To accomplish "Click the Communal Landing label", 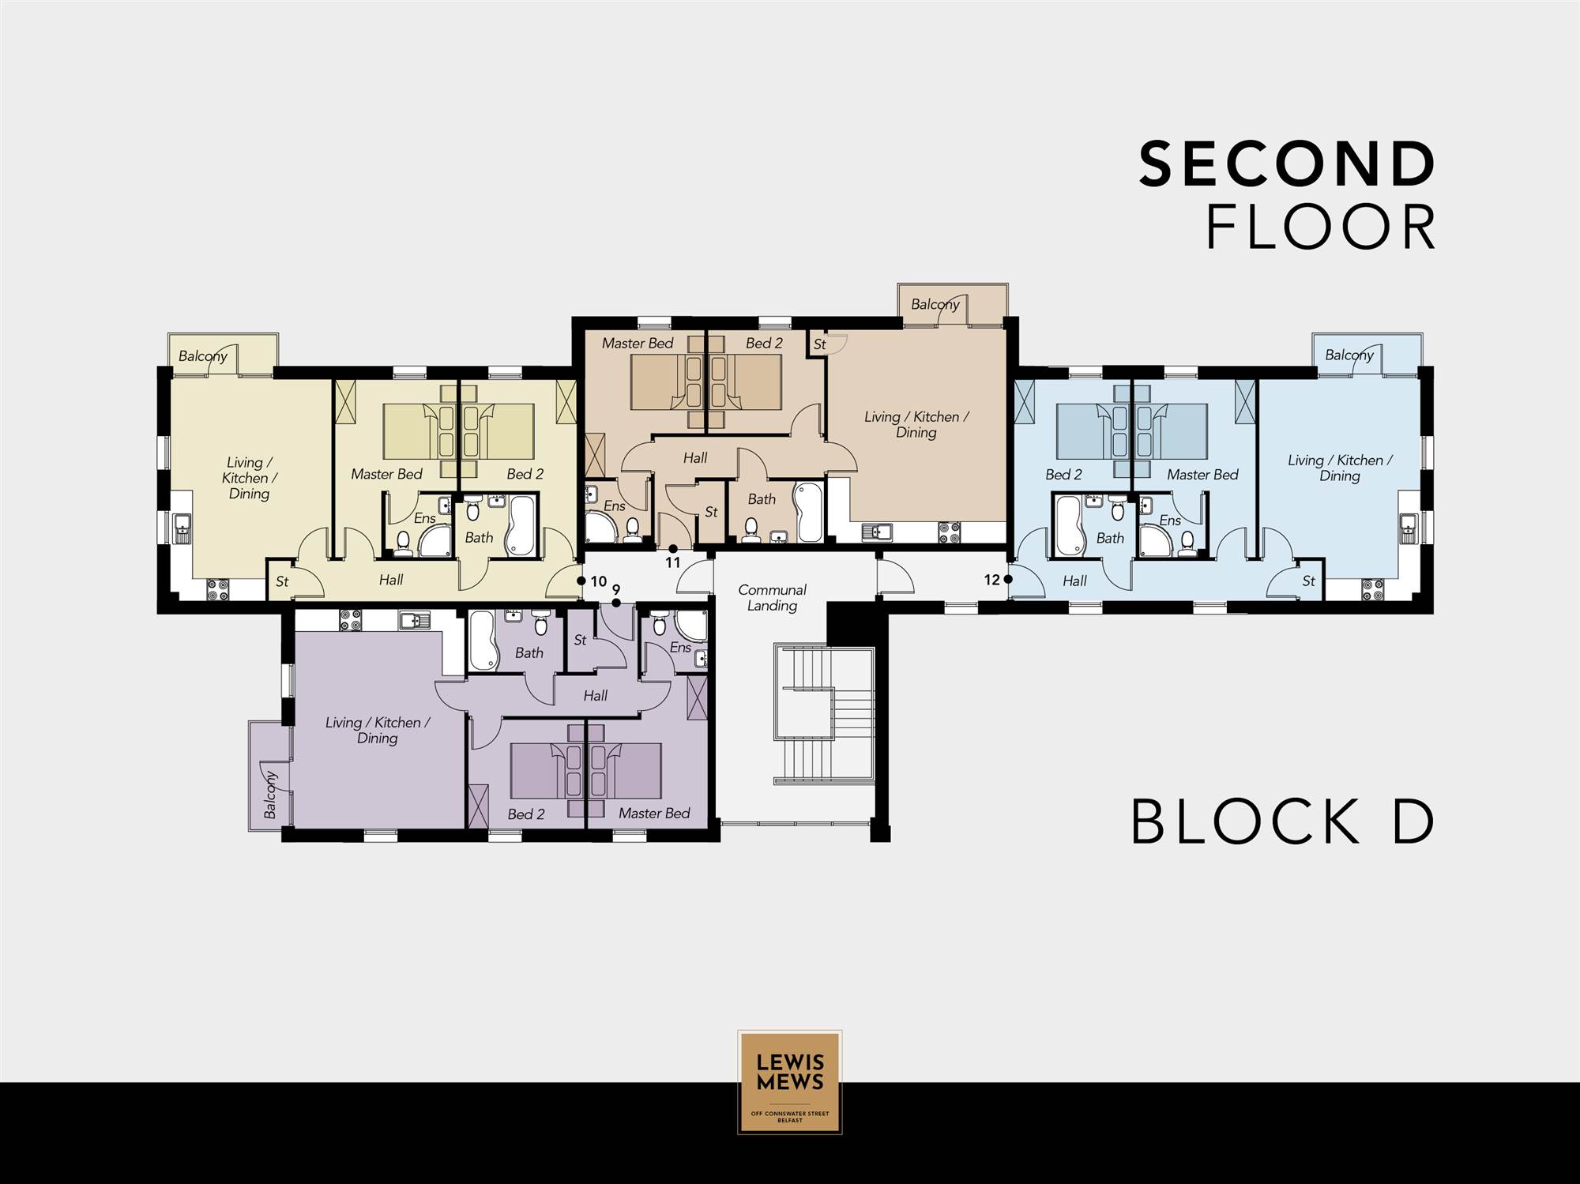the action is (772, 598).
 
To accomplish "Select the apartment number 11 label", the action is (672, 563).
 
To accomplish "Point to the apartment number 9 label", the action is (616, 589).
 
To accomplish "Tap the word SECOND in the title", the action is (1288, 164).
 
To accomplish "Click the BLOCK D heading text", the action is (1283, 822).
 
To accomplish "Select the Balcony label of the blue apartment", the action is (1349, 355).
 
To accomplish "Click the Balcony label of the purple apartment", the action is (269, 795).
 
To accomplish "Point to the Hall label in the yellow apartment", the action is (391, 580).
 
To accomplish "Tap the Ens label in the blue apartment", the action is (1170, 521).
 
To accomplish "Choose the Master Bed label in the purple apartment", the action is (654, 813).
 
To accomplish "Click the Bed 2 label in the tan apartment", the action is (764, 343).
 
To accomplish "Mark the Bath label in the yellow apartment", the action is (479, 537).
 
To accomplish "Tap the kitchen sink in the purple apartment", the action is (412, 621).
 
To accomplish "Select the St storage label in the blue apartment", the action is (1309, 581).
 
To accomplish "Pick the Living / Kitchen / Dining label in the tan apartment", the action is (916, 424).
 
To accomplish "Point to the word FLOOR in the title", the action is (1321, 227).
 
